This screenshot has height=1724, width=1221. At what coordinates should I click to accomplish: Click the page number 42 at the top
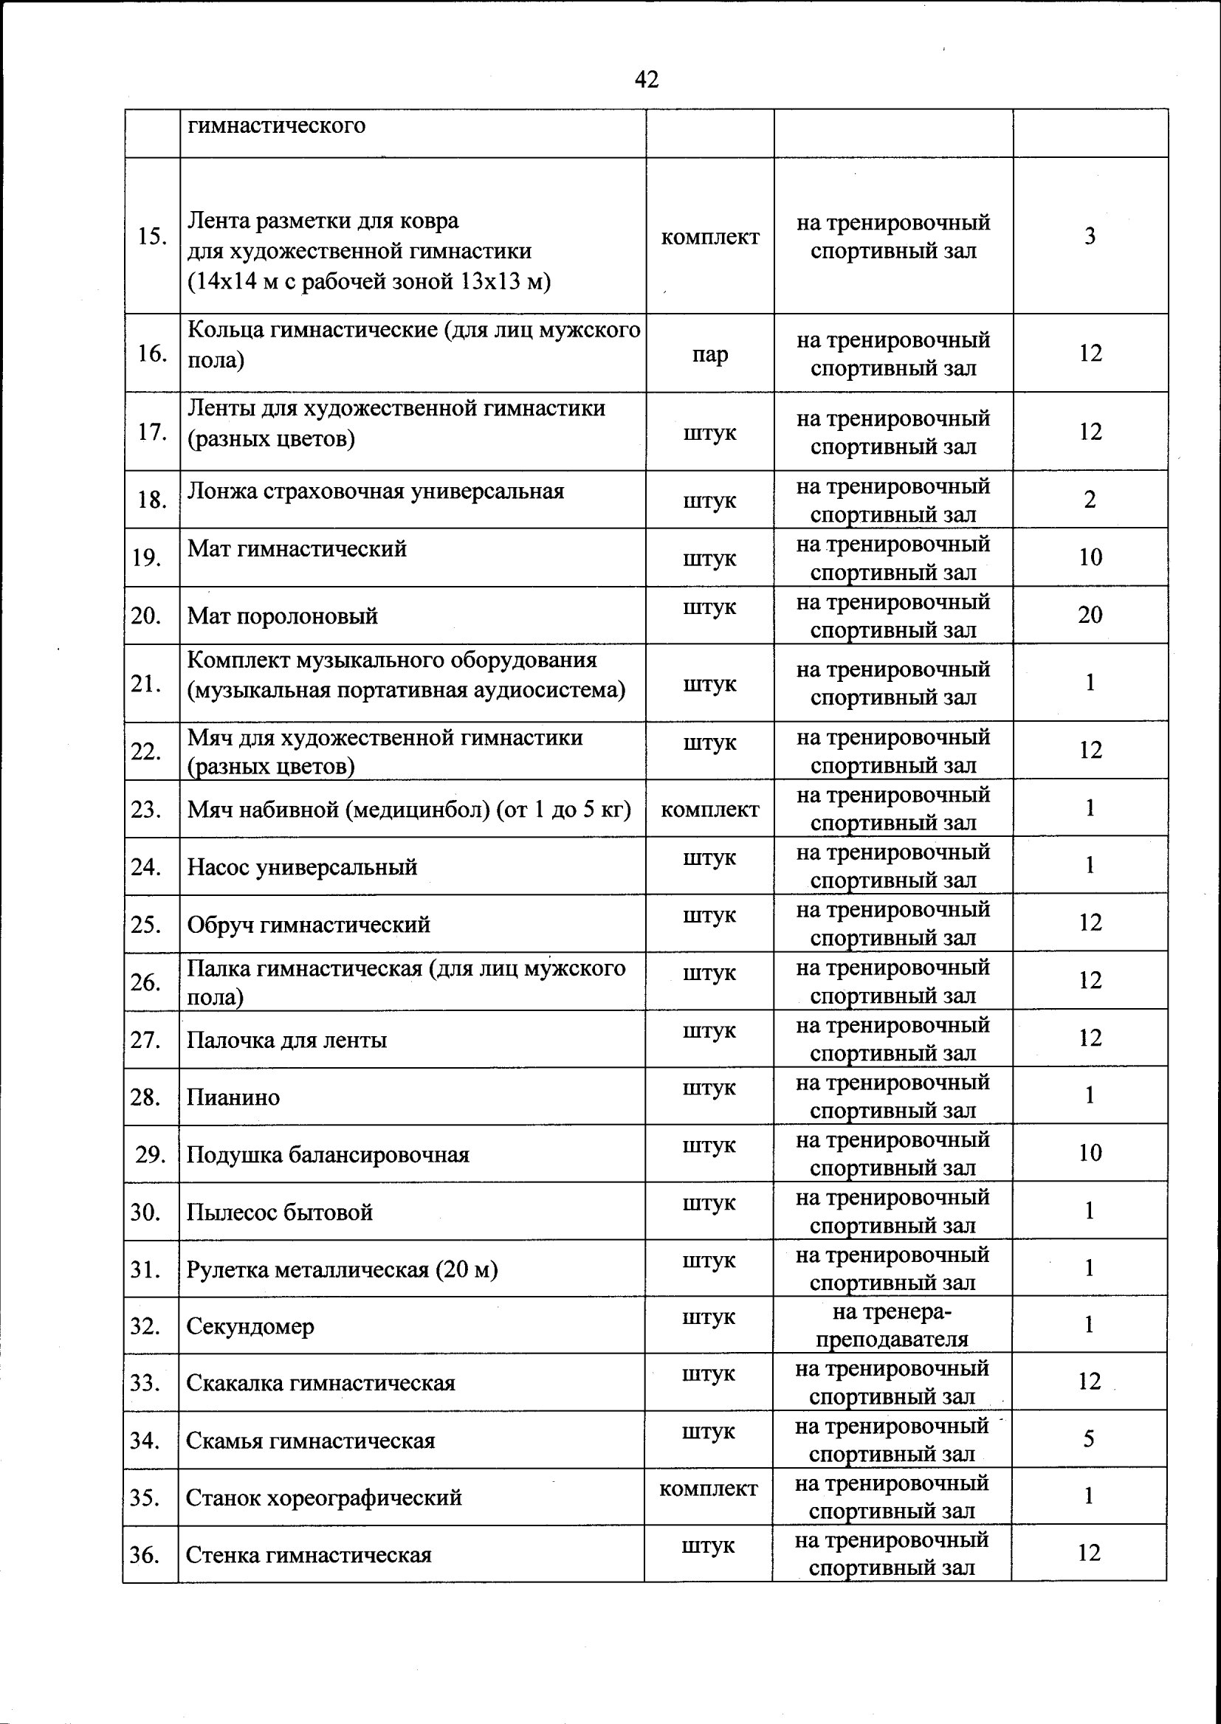click(x=647, y=79)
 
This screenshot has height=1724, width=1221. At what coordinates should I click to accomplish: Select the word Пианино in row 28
click(x=233, y=1097)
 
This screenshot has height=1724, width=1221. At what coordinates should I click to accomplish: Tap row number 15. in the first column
click(x=152, y=236)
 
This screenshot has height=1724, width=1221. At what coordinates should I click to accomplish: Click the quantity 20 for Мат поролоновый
click(x=1090, y=615)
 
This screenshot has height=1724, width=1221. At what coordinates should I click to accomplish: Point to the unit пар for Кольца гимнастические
click(x=709, y=354)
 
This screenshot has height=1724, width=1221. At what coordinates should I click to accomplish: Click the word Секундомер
click(x=250, y=1326)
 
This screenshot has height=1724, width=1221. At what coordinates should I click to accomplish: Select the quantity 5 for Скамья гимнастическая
click(x=1089, y=1438)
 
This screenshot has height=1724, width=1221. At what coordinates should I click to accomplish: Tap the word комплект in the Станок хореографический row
click(x=708, y=1488)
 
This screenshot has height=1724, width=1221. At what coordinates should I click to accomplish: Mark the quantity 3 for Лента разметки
click(x=1090, y=236)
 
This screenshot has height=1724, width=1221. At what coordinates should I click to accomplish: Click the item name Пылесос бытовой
click(x=280, y=1213)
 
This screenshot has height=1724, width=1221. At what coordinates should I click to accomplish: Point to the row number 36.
click(x=145, y=1554)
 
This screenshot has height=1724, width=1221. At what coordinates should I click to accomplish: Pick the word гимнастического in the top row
click(x=276, y=125)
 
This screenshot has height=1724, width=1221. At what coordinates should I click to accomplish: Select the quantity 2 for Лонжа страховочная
click(x=1090, y=500)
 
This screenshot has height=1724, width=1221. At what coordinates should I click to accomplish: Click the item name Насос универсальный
click(x=301, y=867)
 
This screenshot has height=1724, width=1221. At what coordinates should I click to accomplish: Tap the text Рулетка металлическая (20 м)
click(x=342, y=1269)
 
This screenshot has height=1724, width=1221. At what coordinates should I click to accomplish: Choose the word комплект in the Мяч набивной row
click(x=709, y=810)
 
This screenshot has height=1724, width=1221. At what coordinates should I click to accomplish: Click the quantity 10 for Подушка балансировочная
click(x=1090, y=1153)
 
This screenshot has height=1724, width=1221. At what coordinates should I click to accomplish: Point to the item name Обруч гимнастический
click(x=309, y=925)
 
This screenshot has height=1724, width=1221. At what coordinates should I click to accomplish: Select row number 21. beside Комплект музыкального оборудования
click(x=146, y=684)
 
